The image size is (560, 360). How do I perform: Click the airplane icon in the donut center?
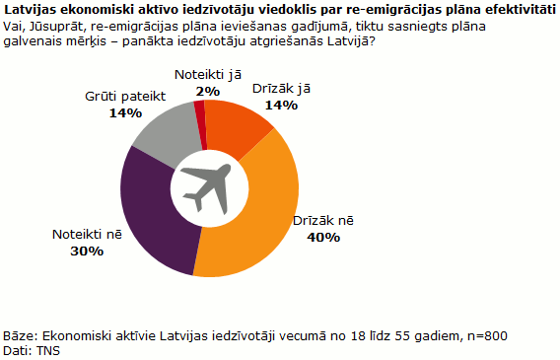pyautogui.click(x=208, y=187)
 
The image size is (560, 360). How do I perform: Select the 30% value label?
pyautogui.click(x=87, y=252)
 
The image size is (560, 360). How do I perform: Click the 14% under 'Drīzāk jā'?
pyautogui.click(x=281, y=105)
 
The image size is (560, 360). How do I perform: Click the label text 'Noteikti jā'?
pyautogui.click(x=208, y=74)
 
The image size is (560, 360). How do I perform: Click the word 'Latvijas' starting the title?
pyautogui.click(x=31, y=9)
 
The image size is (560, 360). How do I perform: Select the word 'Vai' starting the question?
pyautogui.click(x=15, y=25)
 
